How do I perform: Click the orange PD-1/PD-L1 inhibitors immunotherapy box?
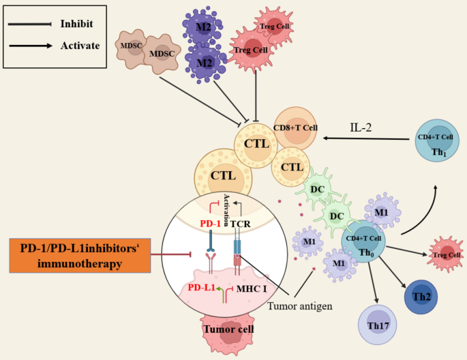pyautogui.click(x=80, y=254)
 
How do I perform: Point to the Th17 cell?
pyautogui.click(x=378, y=326)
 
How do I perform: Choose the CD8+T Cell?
pyautogui.click(x=296, y=127)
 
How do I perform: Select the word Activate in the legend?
pyautogui.click(x=80, y=46)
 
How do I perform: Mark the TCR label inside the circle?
pyautogui.click(x=240, y=222)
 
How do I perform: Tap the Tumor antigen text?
pyautogui.click(x=300, y=306)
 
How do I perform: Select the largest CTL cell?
pyautogui.click(x=223, y=176)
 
